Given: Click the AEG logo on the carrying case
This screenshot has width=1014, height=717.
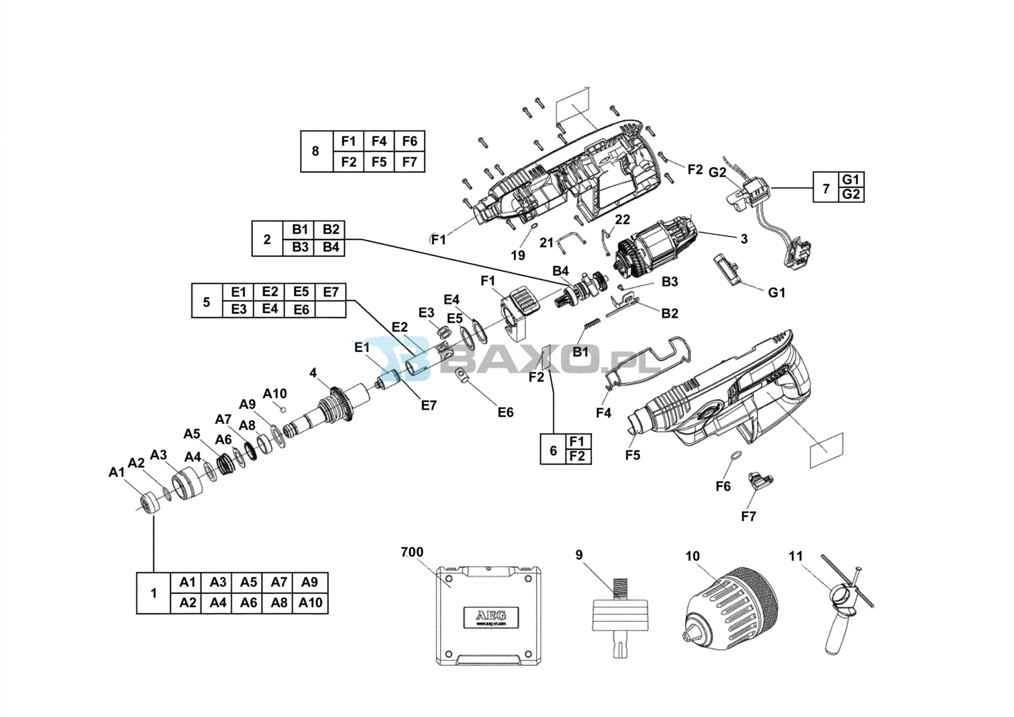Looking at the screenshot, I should (x=491, y=616).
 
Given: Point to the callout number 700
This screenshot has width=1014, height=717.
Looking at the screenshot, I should (x=412, y=552).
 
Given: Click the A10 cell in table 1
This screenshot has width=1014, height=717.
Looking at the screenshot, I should (x=311, y=603).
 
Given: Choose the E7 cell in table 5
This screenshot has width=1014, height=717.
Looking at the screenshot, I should (x=331, y=292).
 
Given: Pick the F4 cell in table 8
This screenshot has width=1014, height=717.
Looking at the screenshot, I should (x=379, y=141).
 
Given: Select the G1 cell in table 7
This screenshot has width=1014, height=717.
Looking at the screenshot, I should (x=850, y=179).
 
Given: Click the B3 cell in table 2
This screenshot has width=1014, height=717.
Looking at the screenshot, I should (x=300, y=247).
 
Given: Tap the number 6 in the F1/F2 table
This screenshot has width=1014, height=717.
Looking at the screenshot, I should (x=553, y=450).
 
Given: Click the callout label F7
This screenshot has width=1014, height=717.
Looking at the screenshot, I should (x=748, y=516).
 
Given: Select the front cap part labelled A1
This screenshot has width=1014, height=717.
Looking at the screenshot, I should (x=150, y=503).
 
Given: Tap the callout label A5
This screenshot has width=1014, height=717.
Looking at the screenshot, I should (x=192, y=434).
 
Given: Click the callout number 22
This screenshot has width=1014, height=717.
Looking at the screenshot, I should (x=622, y=219).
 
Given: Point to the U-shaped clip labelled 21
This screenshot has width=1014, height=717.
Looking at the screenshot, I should (x=570, y=240).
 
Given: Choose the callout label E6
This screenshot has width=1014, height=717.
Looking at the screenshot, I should (x=505, y=413).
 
